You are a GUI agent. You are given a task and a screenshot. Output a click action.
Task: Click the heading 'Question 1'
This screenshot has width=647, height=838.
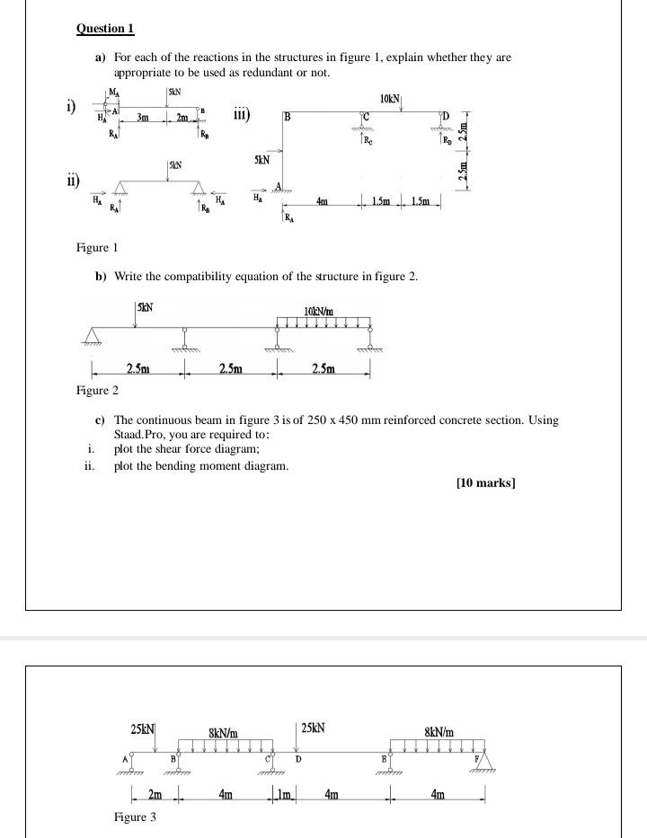point(105,29)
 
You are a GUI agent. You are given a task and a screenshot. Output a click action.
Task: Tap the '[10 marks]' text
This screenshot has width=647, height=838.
point(486,483)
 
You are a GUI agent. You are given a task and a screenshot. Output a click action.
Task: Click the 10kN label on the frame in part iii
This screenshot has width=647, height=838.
point(391,97)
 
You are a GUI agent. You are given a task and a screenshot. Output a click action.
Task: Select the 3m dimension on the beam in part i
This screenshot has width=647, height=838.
point(143,117)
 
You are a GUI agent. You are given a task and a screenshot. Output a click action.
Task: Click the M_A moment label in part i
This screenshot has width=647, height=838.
point(112,92)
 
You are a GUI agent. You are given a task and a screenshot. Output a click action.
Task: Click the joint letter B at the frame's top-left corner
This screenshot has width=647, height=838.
point(287,117)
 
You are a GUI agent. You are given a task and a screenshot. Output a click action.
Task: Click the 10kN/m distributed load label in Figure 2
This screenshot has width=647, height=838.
point(320,312)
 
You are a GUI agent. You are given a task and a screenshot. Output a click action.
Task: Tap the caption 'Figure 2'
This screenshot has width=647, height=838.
point(97,390)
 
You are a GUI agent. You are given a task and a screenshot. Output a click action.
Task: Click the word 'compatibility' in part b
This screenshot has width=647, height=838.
point(208,276)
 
